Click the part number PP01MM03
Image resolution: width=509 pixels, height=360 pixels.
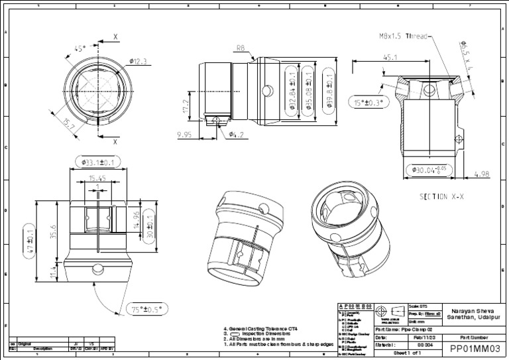473,349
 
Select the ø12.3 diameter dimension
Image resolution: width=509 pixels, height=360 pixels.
138,62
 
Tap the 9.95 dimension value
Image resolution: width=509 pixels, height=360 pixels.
184,135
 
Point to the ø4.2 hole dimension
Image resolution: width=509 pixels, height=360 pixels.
237,135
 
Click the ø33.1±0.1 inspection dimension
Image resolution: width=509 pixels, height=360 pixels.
97,161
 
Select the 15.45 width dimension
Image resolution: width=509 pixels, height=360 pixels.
97,178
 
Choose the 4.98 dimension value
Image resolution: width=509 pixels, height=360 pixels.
482,175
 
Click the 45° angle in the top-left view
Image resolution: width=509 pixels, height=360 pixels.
80,48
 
